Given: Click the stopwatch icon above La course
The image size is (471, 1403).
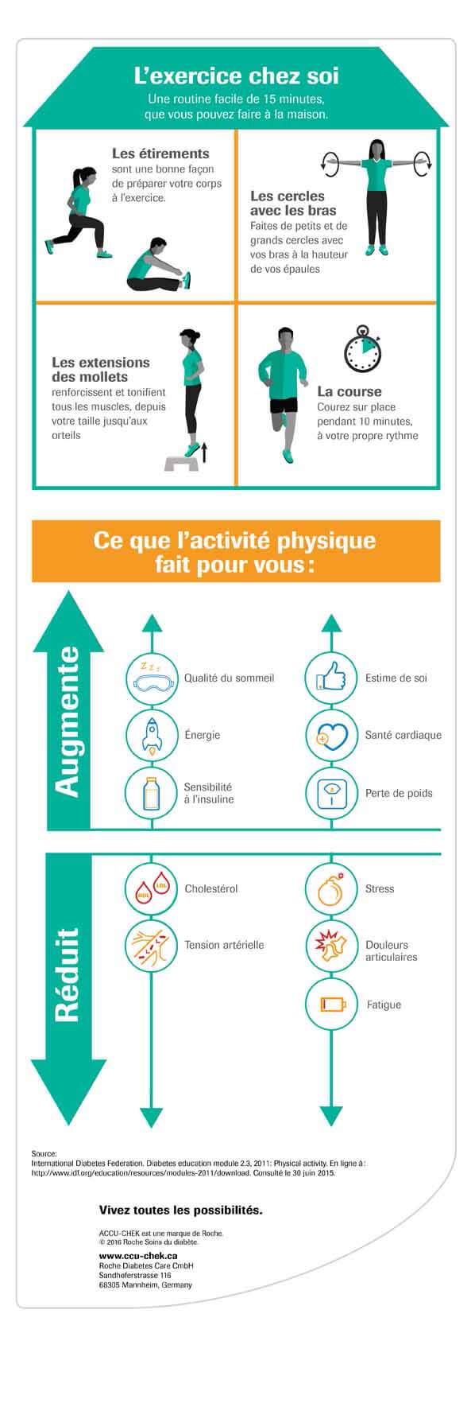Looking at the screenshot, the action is point(361,349).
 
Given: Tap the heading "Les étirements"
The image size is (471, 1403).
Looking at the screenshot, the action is point(160,154).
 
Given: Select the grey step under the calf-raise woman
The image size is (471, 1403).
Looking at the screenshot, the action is point(181,462).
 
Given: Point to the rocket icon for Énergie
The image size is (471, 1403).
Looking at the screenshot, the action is point(151,734).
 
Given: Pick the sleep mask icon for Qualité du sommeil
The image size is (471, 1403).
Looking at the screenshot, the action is point(151,677).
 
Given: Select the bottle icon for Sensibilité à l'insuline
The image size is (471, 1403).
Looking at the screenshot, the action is point(151,792).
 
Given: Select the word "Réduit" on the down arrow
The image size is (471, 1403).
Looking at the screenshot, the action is point(67,974).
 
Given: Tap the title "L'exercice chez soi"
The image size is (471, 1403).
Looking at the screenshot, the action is point(236,76).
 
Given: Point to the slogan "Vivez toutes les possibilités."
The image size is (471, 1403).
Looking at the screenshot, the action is point(180,1210).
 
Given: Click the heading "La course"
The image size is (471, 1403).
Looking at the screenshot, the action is point(349,391).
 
